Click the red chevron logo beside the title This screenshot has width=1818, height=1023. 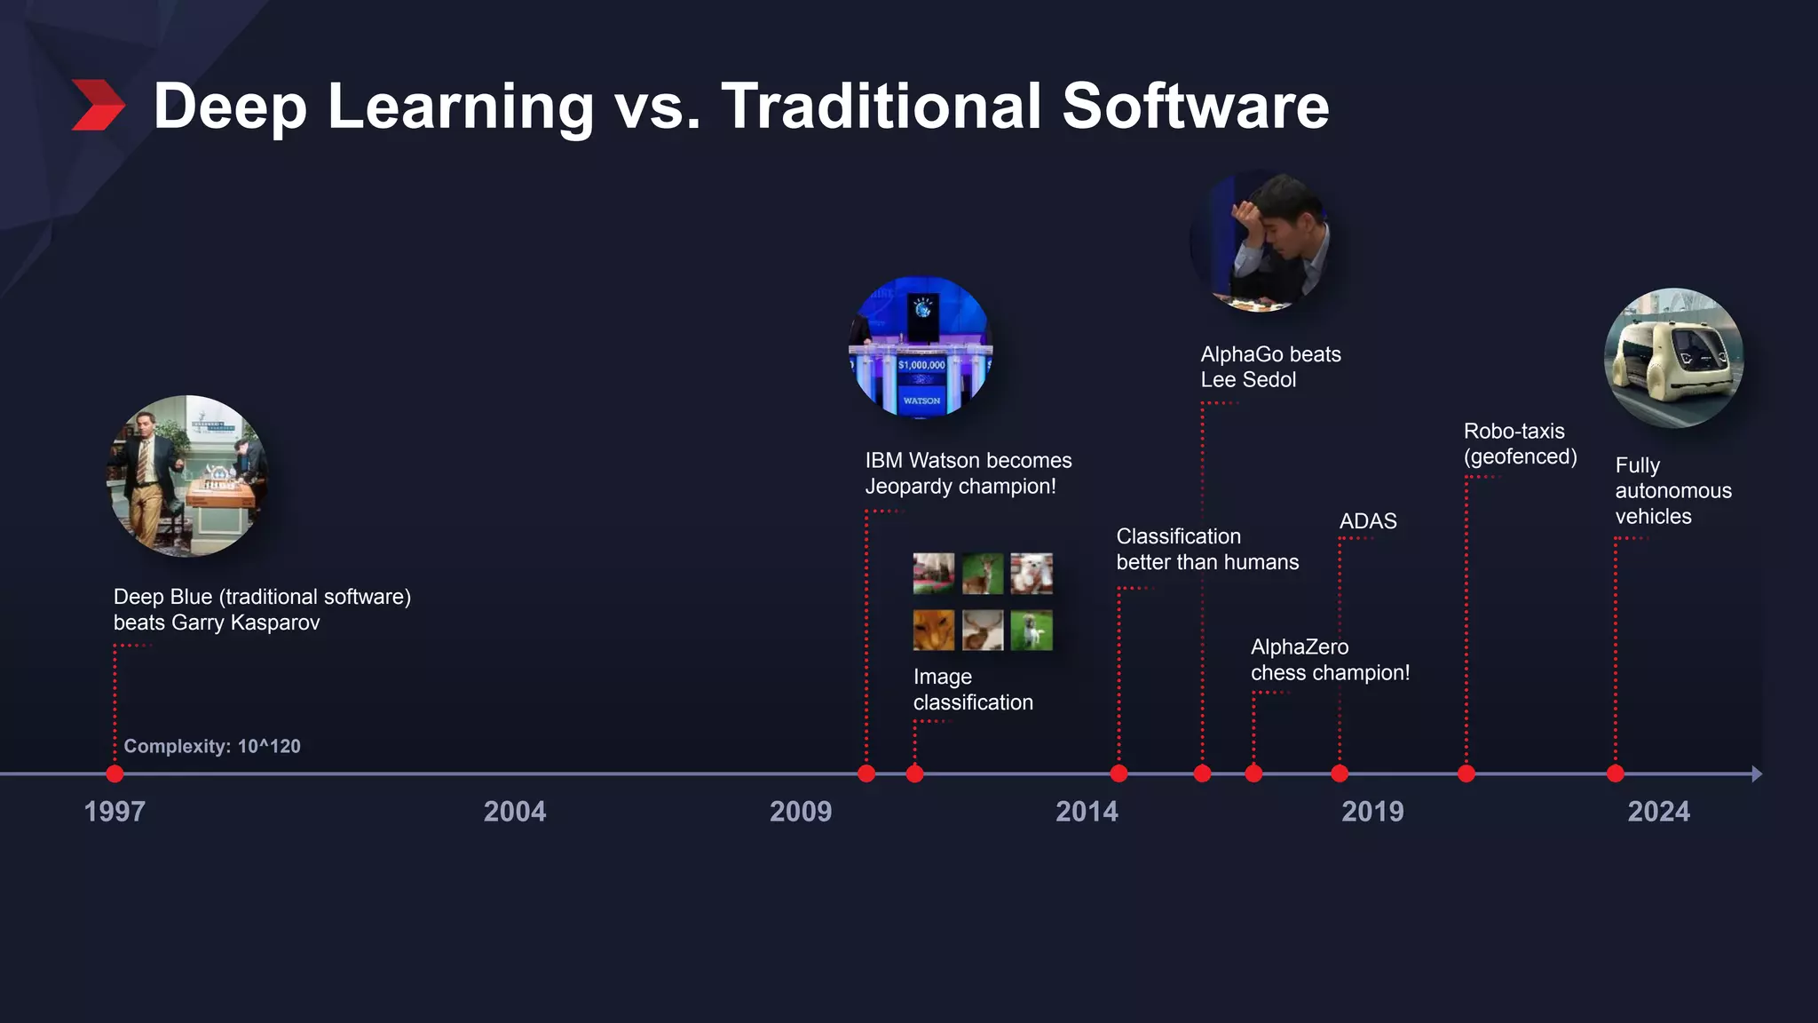click(x=98, y=105)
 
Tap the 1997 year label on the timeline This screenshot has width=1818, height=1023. click(x=115, y=811)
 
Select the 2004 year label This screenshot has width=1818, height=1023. click(x=514, y=811)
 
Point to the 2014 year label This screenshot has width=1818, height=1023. click(x=1087, y=811)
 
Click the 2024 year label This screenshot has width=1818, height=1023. click(x=1658, y=811)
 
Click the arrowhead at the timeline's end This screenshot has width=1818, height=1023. click(x=1756, y=774)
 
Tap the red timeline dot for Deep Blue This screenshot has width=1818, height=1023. click(x=115, y=774)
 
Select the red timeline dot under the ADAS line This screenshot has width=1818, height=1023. click(x=1340, y=774)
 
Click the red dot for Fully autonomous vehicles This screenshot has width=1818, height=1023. click(x=1616, y=774)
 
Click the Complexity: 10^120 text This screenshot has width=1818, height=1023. click(x=212, y=746)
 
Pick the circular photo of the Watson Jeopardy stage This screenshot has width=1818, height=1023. click(x=921, y=347)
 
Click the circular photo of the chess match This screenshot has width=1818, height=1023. click(x=187, y=476)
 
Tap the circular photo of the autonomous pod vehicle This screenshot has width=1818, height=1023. click(x=1673, y=358)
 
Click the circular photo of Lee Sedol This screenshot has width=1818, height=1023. click(x=1261, y=242)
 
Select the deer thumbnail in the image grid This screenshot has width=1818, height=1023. click(x=983, y=574)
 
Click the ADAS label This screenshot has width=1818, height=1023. click(x=1367, y=521)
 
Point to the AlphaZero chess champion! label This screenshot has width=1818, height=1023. click(x=1330, y=660)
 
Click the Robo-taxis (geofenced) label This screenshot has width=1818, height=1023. click(x=1520, y=443)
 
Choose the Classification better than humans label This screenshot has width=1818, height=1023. click(x=1206, y=549)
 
